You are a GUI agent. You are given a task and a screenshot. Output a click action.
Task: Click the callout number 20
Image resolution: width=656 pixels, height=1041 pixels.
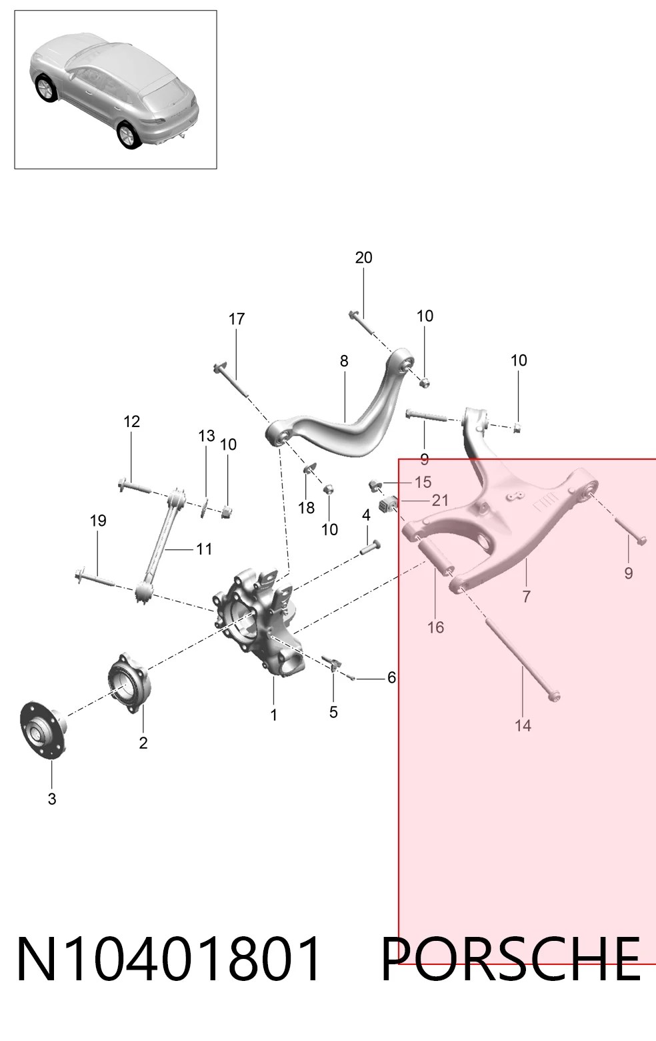click(x=363, y=258)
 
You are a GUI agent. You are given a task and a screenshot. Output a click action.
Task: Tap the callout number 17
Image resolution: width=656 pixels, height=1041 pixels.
click(x=236, y=319)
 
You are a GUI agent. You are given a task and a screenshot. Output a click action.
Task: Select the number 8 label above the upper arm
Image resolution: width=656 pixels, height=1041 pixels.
click(x=343, y=360)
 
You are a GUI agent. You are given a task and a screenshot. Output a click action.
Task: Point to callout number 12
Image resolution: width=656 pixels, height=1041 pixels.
click(x=132, y=422)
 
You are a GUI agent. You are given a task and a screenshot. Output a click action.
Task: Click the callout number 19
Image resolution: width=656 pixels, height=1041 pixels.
click(x=98, y=520)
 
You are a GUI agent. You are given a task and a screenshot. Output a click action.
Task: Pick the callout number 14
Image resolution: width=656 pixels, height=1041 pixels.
click(x=523, y=725)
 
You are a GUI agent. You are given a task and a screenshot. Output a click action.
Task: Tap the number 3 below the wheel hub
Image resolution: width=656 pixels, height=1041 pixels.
click(x=52, y=799)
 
